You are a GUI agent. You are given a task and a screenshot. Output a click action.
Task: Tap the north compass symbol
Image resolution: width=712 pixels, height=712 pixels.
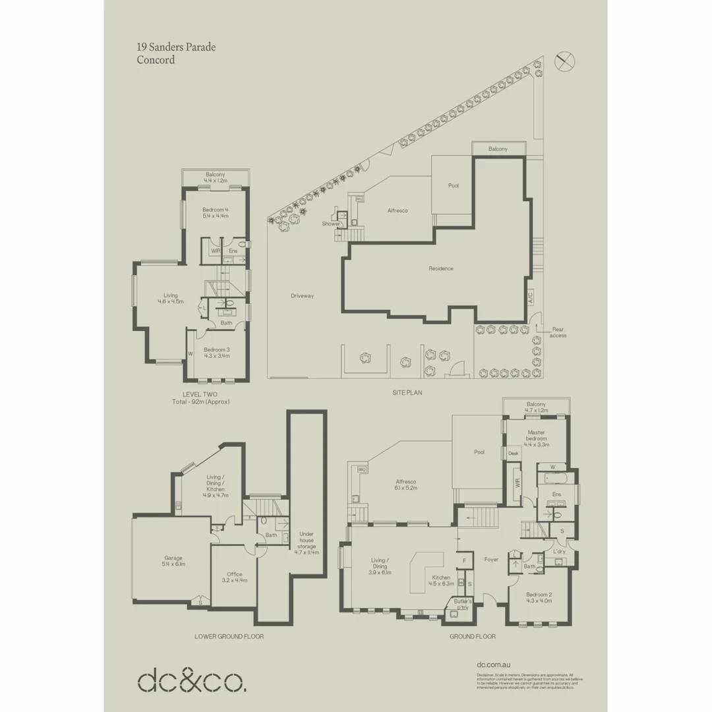(564, 61)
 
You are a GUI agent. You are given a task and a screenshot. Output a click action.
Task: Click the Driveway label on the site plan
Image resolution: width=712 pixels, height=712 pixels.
(302, 296)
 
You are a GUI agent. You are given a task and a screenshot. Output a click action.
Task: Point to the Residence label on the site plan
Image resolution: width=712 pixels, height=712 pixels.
(441, 268)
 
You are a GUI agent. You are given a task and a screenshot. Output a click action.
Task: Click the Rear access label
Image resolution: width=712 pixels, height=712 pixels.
(557, 332)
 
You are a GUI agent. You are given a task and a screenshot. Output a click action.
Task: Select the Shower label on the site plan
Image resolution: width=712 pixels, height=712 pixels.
(331, 224)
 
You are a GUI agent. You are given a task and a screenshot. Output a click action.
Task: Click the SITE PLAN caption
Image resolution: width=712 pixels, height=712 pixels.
(407, 392)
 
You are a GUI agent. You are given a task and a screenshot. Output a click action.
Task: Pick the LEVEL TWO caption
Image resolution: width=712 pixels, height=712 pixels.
(200, 394)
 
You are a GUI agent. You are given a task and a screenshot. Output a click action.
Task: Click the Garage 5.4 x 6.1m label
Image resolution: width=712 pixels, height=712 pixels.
(173, 561)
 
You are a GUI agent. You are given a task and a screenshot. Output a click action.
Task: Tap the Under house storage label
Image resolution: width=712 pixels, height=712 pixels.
(307, 543)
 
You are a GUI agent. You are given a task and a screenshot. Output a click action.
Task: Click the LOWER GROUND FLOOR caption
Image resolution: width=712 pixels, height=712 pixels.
(229, 637)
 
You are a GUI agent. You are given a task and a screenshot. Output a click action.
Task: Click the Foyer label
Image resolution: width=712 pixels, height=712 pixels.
(491, 560)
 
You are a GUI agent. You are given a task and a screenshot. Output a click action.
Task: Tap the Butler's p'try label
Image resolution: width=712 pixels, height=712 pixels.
(461, 604)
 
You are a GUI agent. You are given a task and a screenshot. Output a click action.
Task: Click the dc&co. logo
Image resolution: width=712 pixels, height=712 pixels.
(192, 680)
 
